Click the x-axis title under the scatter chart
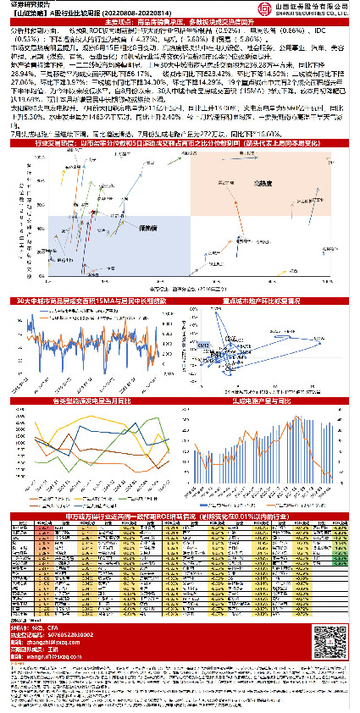pos(180,289)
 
